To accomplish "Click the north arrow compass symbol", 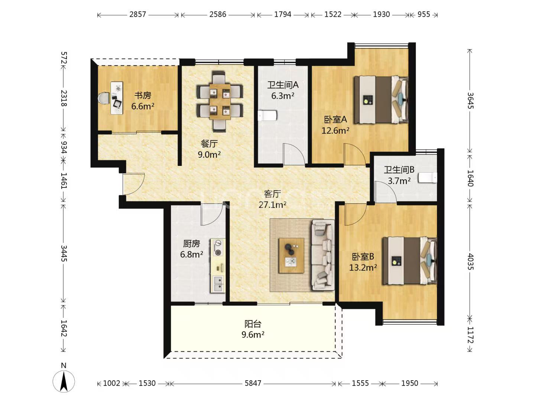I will [x=64, y=381].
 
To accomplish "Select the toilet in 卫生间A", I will [x=268, y=115].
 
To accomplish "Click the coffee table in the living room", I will [x=292, y=255].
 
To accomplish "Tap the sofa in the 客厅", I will [x=322, y=255].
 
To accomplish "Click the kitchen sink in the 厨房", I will [x=218, y=284].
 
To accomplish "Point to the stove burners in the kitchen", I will [x=218, y=248].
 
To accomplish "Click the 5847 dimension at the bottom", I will [x=253, y=383].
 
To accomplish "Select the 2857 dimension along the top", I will [x=137, y=14].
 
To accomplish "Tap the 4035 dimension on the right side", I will [x=470, y=261].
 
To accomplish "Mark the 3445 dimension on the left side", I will [x=64, y=253].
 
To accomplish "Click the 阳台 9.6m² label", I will [x=253, y=329].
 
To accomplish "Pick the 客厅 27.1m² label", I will [x=272, y=199].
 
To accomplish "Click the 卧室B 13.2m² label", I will [x=363, y=262].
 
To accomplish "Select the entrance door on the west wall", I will [x=133, y=184].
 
